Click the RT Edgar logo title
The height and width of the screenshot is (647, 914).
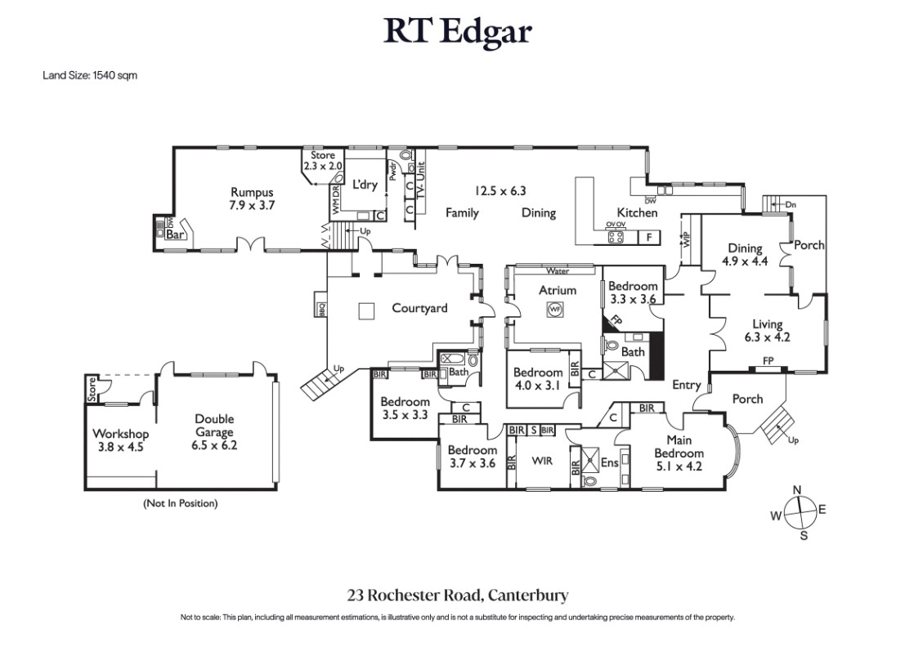point(457,31)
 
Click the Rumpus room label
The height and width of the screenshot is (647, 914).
point(252,199)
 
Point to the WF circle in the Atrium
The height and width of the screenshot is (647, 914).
point(554,310)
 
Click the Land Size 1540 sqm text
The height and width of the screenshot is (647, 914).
point(90,75)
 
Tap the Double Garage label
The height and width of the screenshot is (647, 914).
point(214,432)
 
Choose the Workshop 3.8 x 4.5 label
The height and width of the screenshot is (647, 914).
point(121,440)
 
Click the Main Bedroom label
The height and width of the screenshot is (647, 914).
point(679,453)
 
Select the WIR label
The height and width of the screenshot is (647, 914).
point(542,462)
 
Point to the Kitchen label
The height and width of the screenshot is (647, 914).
point(637,213)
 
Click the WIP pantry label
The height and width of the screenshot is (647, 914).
point(686,239)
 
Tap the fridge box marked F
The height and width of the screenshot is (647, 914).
point(649,237)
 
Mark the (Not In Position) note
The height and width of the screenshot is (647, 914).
point(180,503)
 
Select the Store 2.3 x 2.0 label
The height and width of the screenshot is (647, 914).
point(322,160)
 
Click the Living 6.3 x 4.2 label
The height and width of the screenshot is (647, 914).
point(767,330)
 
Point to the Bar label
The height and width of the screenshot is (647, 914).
point(176,234)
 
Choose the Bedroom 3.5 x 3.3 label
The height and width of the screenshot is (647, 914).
point(405,408)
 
